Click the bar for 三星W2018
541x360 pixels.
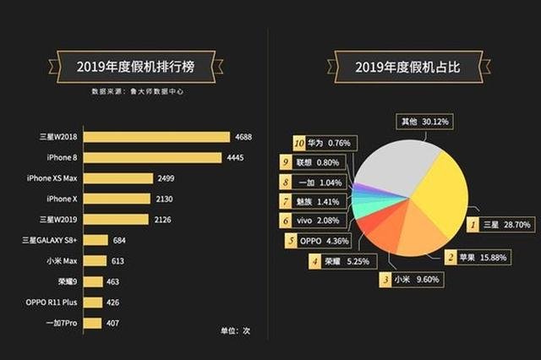click(157, 137)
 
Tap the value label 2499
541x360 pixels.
click(166, 178)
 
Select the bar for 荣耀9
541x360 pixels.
click(94, 281)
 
